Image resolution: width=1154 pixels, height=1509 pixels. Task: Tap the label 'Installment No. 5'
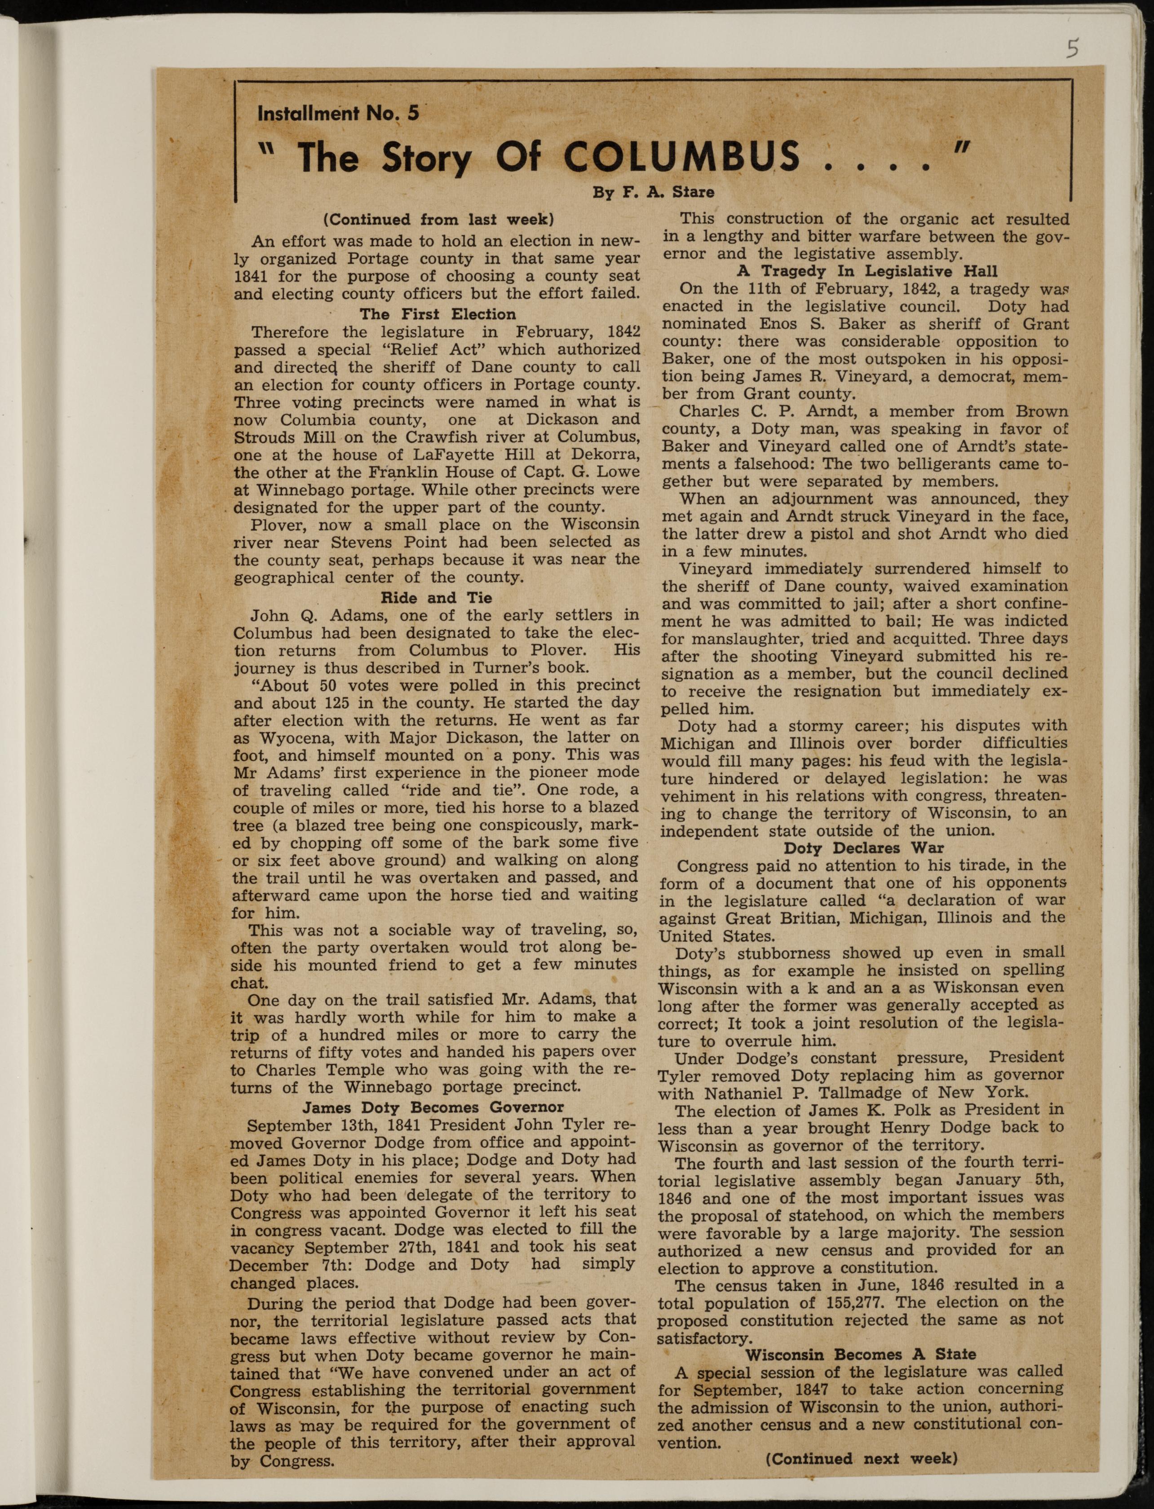(337, 113)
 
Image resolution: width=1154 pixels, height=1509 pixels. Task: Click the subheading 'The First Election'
(438, 314)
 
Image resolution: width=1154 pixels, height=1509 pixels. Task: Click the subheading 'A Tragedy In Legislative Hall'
(867, 271)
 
